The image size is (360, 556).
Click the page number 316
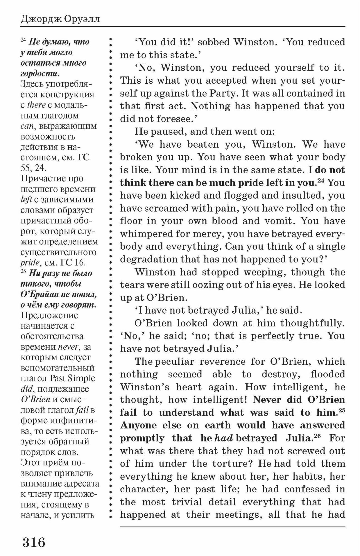(34, 542)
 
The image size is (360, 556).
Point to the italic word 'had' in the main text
(224, 438)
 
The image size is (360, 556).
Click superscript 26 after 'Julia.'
(317, 436)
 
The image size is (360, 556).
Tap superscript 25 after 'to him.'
(342, 410)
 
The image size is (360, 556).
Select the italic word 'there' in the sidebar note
(36, 105)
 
